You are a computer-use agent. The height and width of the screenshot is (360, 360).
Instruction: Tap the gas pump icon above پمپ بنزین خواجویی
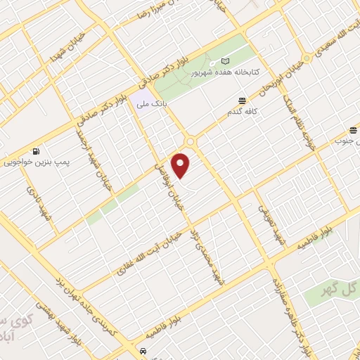(x=36, y=150)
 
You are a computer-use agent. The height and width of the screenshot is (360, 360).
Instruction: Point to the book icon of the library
(x=226, y=61)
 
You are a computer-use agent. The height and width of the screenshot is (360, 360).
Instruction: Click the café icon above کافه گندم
(x=242, y=101)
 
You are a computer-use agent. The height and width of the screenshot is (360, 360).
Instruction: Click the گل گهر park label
(x=344, y=288)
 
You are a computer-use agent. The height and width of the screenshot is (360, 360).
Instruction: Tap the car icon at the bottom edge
(x=143, y=350)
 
